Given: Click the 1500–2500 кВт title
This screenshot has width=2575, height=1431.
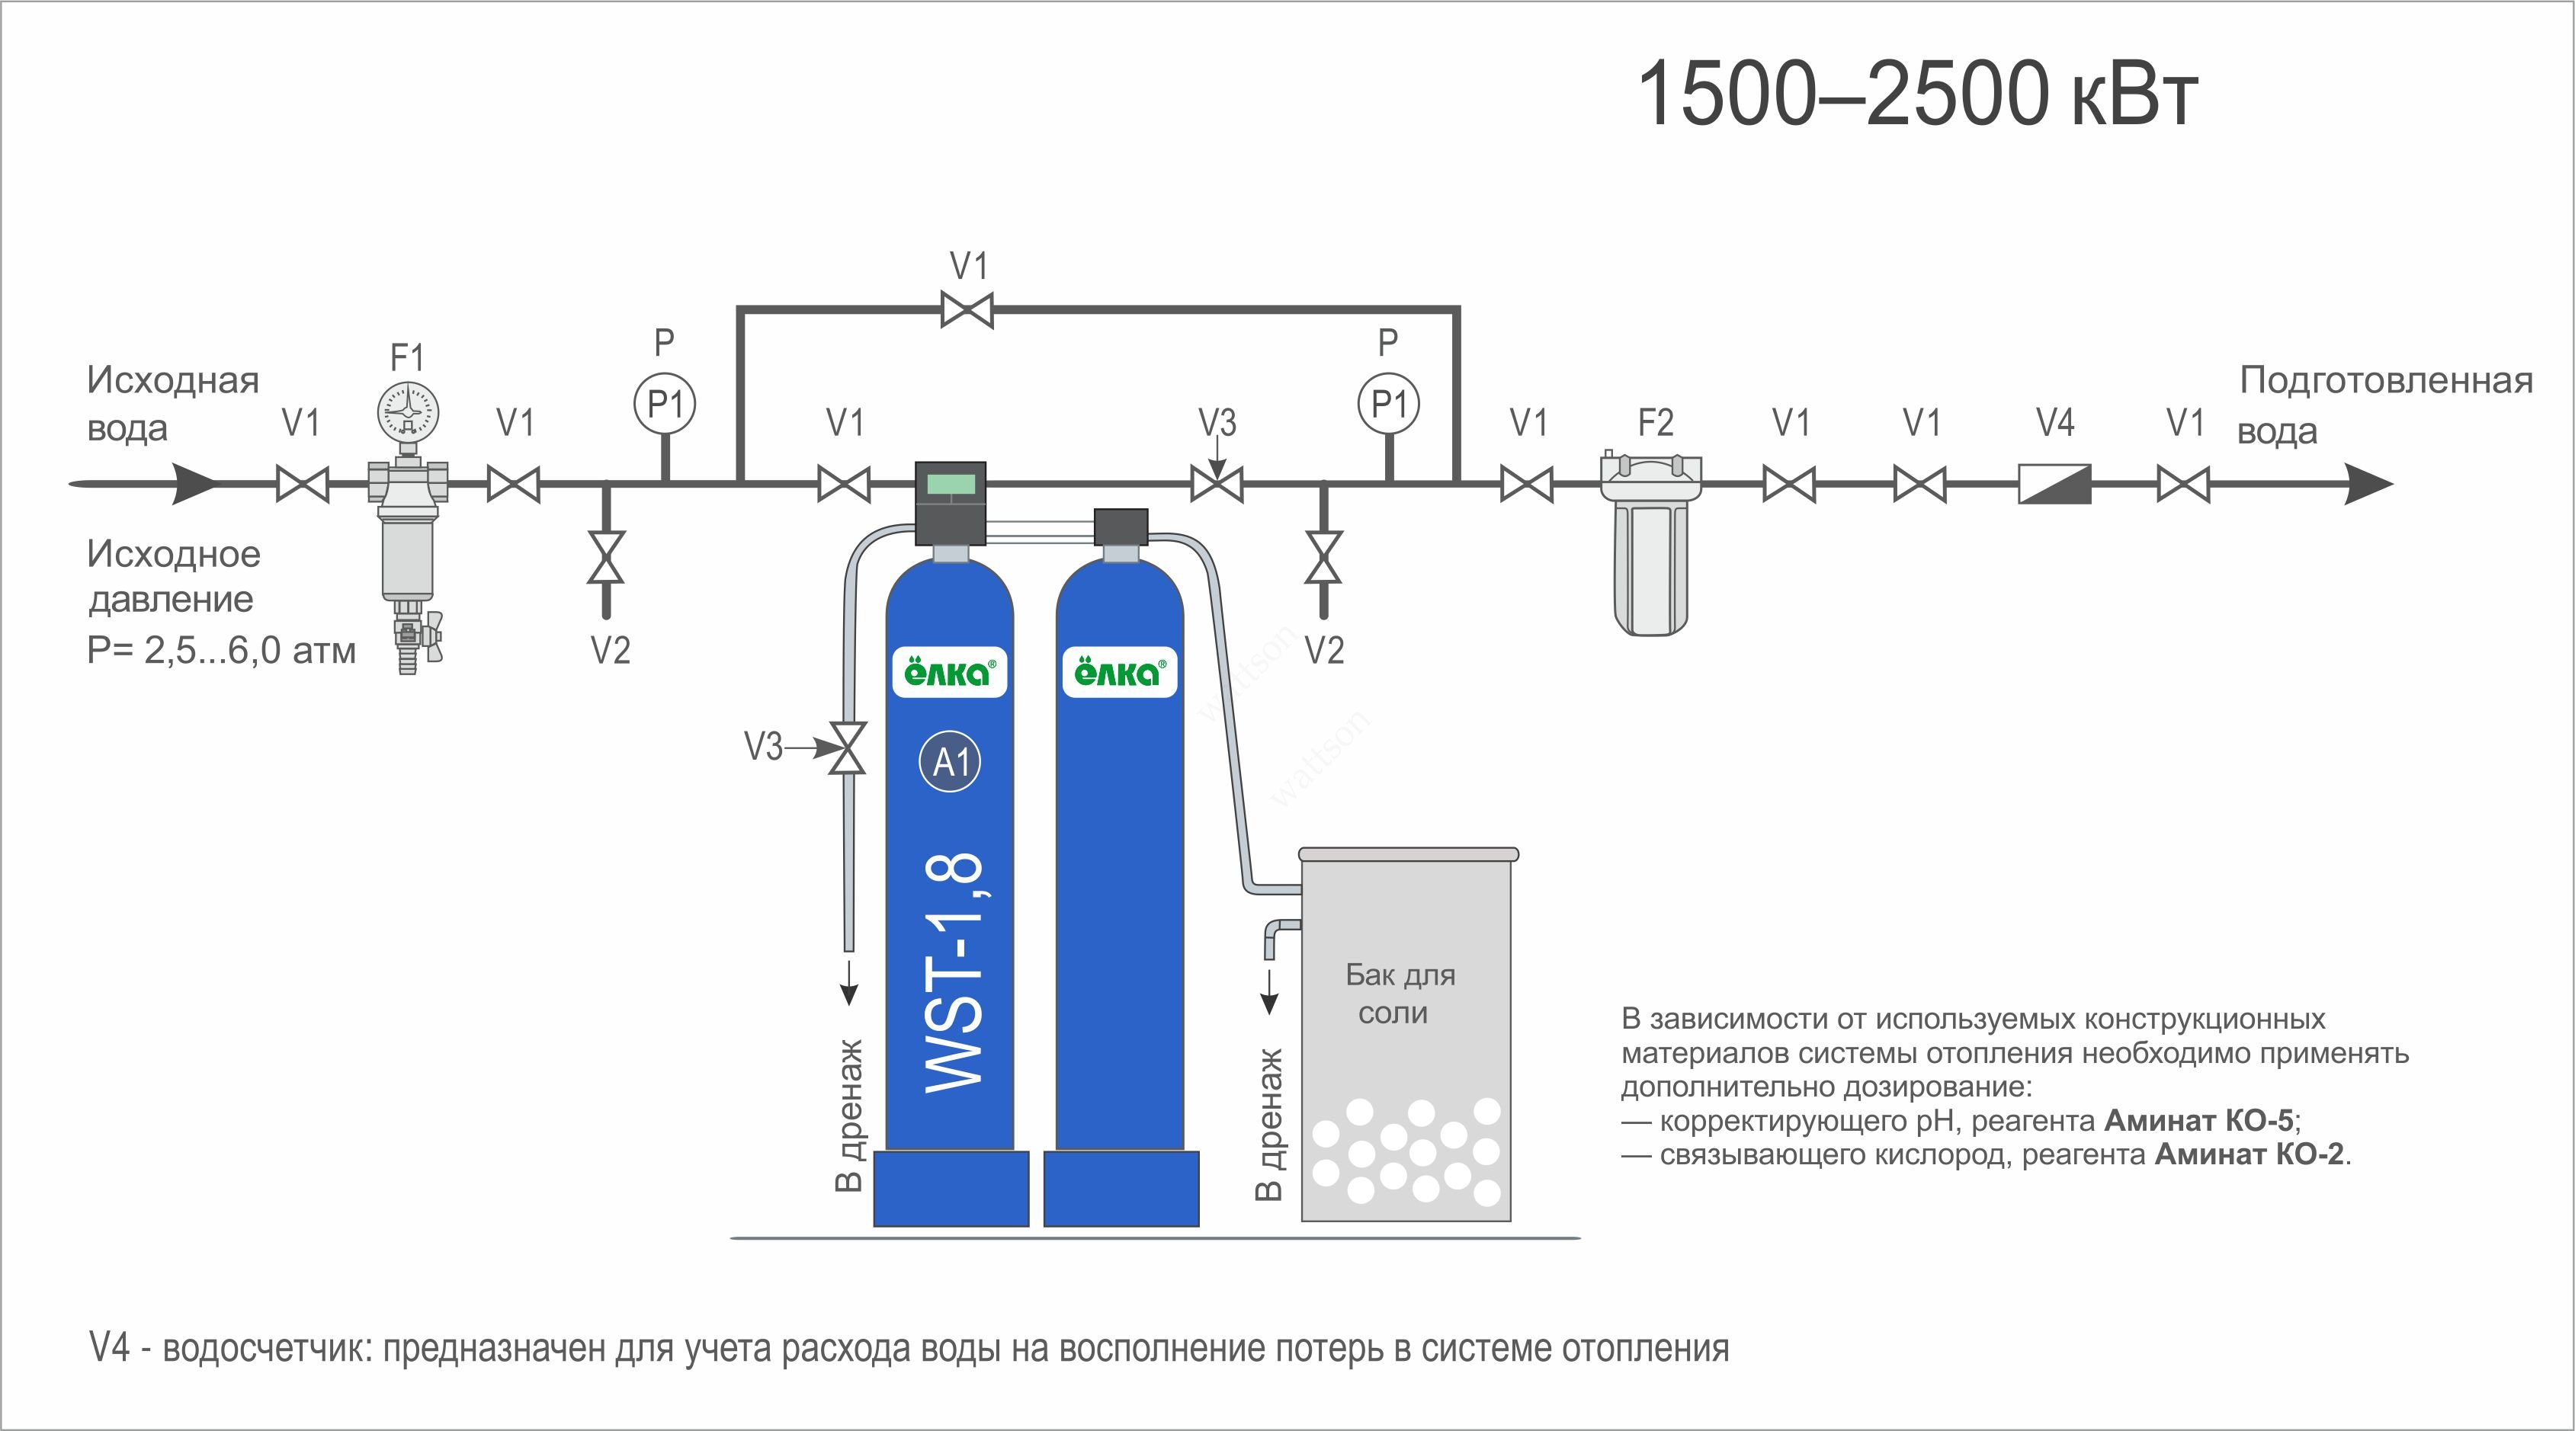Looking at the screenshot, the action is click(1916, 94).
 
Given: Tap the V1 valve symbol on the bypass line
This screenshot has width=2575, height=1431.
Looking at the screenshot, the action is click(967, 309).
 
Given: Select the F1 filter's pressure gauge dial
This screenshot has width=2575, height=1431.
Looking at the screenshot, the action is click(408, 411).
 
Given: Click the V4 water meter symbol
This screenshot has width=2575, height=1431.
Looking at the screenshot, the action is click(2054, 485).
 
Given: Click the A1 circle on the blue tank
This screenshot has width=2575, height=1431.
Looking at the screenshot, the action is click(950, 763).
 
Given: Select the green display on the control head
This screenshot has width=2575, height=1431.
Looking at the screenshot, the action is click(951, 485).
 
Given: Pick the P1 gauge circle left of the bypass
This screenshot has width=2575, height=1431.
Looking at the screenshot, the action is click(665, 405).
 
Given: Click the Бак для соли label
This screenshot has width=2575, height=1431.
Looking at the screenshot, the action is click(1400, 994).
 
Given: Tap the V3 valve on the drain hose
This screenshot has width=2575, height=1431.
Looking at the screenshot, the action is click(848, 748).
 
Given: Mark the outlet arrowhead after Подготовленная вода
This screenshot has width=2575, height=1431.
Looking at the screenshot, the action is click(2369, 485).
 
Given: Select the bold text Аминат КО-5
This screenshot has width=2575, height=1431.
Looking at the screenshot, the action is click(2198, 1121).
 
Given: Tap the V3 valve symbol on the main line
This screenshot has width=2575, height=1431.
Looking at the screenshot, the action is click(1217, 485).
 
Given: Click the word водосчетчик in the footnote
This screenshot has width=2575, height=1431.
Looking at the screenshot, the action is click(267, 1349).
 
